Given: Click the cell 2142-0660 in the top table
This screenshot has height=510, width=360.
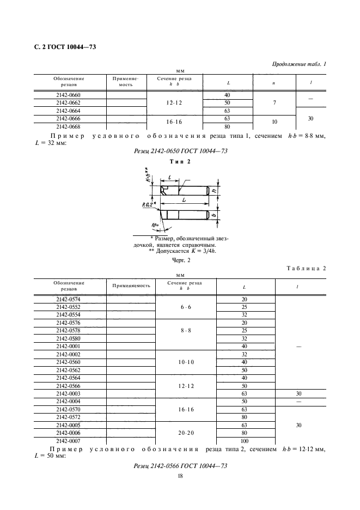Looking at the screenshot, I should point(68,95).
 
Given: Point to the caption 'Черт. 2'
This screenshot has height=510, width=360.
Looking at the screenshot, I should point(180,260).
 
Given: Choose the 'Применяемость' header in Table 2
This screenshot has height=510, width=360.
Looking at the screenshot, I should point(131,286).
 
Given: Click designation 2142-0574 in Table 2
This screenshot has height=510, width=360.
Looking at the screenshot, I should point(68,299).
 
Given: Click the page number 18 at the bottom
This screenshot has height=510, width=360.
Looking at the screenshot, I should point(180,475).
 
